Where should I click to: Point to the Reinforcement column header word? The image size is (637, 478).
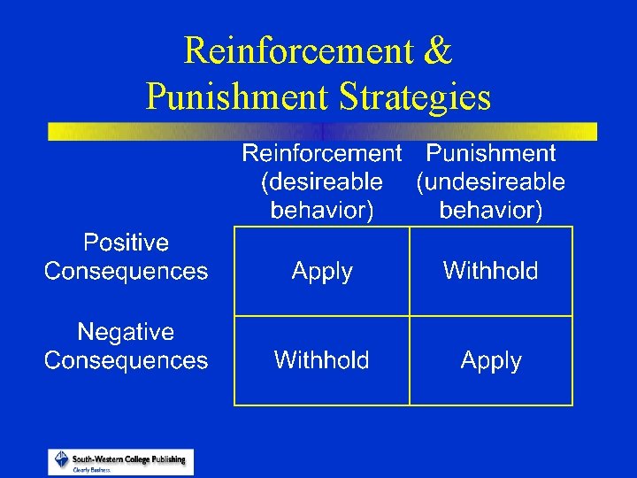(x=322, y=153)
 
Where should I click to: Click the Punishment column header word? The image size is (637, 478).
(x=491, y=153)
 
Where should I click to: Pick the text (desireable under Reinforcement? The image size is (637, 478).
(x=322, y=182)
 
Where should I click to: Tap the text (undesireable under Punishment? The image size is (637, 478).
(x=491, y=182)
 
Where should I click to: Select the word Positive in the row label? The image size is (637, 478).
(x=126, y=242)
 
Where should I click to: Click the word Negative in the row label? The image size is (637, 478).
(x=126, y=332)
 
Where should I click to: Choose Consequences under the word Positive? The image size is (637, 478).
(x=126, y=271)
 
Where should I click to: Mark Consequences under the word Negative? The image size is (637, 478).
(x=126, y=361)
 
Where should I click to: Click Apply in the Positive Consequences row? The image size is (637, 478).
(x=322, y=271)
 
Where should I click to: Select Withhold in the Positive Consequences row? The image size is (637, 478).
(x=491, y=271)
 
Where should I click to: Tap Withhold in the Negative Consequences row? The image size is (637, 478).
(x=322, y=360)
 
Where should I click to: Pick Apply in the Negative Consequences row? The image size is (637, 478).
(x=491, y=361)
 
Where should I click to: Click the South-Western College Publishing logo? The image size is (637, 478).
(x=120, y=461)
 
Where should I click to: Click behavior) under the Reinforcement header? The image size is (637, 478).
(x=322, y=211)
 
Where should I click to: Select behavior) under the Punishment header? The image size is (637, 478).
(x=491, y=211)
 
